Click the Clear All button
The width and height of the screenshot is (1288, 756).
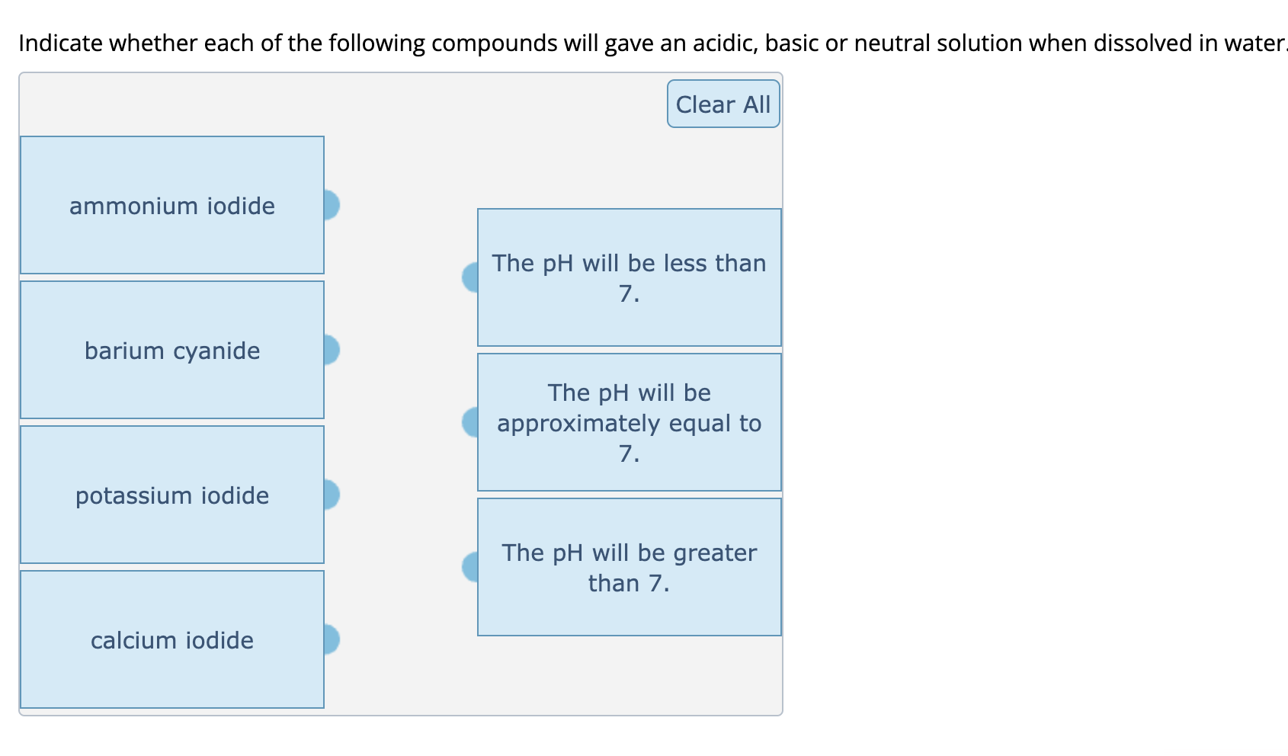pos(722,104)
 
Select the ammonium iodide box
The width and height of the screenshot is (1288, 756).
pos(172,206)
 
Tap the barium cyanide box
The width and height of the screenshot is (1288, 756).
pos(172,351)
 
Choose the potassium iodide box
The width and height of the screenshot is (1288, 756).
pos(172,495)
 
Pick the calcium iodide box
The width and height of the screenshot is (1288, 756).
pos(172,640)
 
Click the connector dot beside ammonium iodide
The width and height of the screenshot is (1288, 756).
pos(331,205)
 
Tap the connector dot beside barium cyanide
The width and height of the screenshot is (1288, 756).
pos(331,350)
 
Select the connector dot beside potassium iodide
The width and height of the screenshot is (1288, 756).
pos(331,495)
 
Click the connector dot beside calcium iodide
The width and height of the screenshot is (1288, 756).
pos(331,639)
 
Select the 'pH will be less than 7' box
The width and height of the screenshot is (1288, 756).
pos(630,277)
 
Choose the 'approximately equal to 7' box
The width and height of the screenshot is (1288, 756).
pos(630,422)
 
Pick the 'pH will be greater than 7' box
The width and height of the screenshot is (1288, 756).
pos(630,567)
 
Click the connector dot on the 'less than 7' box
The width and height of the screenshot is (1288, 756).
pos(470,277)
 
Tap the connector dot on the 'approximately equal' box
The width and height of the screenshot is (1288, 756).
pos(470,422)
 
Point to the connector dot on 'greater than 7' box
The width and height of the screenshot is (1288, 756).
pos(470,567)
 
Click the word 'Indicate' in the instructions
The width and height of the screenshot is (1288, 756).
pos(60,43)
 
